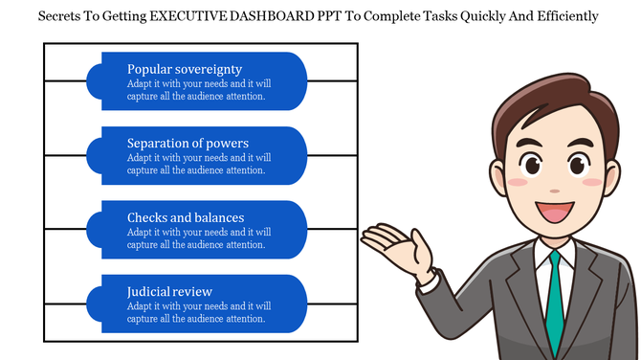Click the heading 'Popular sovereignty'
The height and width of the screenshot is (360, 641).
185,69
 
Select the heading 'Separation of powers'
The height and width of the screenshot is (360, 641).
188,144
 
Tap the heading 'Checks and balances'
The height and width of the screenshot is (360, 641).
186,217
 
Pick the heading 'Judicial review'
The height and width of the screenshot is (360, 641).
169,291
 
